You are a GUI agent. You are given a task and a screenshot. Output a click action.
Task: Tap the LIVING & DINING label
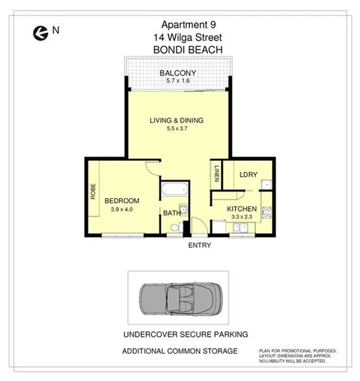(176, 121)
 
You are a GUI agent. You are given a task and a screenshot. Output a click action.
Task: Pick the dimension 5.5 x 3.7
(176, 129)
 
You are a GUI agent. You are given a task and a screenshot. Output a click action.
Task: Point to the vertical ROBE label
(93, 193)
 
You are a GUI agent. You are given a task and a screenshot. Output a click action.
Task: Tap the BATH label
(172, 214)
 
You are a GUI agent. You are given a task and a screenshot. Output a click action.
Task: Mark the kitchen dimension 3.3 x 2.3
(242, 218)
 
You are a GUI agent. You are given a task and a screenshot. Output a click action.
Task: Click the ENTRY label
(199, 245)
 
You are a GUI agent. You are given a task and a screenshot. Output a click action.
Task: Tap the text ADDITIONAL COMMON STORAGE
(179, 351)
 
